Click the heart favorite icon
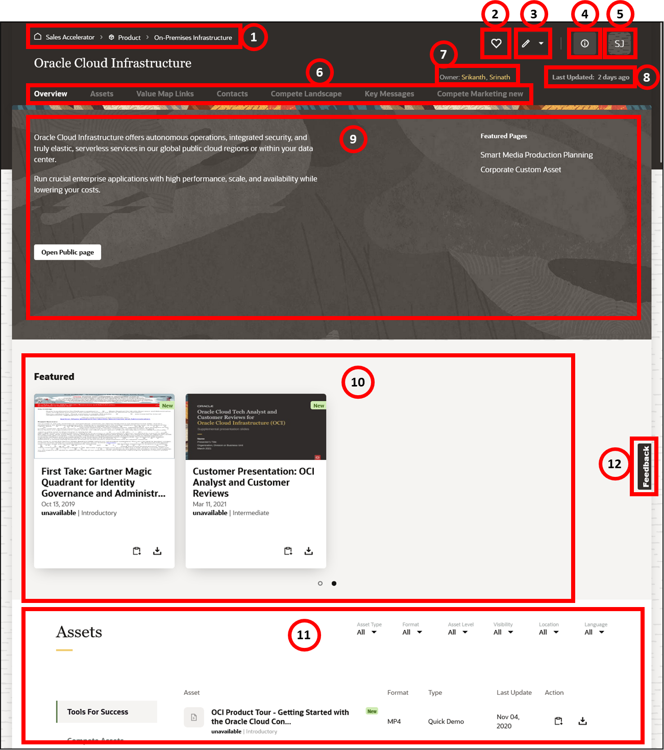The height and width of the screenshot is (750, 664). [x=496, y=43]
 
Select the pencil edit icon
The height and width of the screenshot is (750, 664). [x=526, y=43]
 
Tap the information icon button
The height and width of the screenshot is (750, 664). [x=584, y=43]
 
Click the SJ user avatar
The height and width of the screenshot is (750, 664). [x=619, y=43]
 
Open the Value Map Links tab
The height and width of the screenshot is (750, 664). [x=165, y=94]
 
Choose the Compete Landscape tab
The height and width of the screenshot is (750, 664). [x=306, y=94]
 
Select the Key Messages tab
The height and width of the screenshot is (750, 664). [x=389, y=94]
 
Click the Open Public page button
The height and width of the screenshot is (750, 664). [x=67, y=252]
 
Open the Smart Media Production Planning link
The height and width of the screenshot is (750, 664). [x=536, y=155]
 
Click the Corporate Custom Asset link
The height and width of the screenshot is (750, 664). [x=521, y=170]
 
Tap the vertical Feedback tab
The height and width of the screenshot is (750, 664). [x=646, y=466]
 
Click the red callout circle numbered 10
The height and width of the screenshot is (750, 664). [x=358, y=382]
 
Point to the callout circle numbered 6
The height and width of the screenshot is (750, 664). [x=319, y=72]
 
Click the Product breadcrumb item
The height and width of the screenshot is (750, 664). [x=129, y=37]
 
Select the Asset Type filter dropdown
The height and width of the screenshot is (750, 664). [x=367, y=632]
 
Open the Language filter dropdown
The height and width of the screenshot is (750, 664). [x=595, y=632]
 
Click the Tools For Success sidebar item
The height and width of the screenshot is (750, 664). [x=97, y=712]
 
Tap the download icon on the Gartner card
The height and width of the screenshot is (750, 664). [x=157, y=551]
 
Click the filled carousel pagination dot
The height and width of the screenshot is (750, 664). [x=334, y=583]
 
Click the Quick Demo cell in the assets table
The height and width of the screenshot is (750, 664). [x=446, y=721]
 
